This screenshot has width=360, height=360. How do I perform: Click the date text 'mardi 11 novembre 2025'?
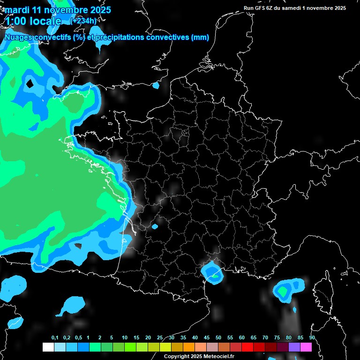(x=58, y=10)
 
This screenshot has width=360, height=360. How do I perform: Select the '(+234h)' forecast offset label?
(x=83, y=21)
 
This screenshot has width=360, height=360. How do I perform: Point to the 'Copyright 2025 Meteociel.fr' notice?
(x=199, y=356)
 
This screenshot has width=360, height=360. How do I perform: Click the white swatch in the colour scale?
(x=48, y=347)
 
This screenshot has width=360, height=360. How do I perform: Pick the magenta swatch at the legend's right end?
(x=306, y=347)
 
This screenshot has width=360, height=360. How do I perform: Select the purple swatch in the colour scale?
(x=294, y=347)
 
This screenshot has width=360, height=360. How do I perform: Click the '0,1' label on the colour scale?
(x=55, y=338)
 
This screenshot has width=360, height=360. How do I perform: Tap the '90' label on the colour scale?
(x=312, y=338)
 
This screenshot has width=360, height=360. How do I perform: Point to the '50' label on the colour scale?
(x=218, y=338)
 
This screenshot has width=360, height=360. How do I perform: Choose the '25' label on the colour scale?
(x=160, y=338)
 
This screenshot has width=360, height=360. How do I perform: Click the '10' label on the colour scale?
(x=125, y=338)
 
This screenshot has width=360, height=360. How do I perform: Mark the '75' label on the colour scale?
(x=277, y=338)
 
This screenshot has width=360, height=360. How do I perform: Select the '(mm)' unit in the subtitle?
(x=200, y=37)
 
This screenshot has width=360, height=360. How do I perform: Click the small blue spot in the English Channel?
(x=156, y=85)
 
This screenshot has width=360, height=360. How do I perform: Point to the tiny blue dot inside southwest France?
(x=155, y=227)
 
